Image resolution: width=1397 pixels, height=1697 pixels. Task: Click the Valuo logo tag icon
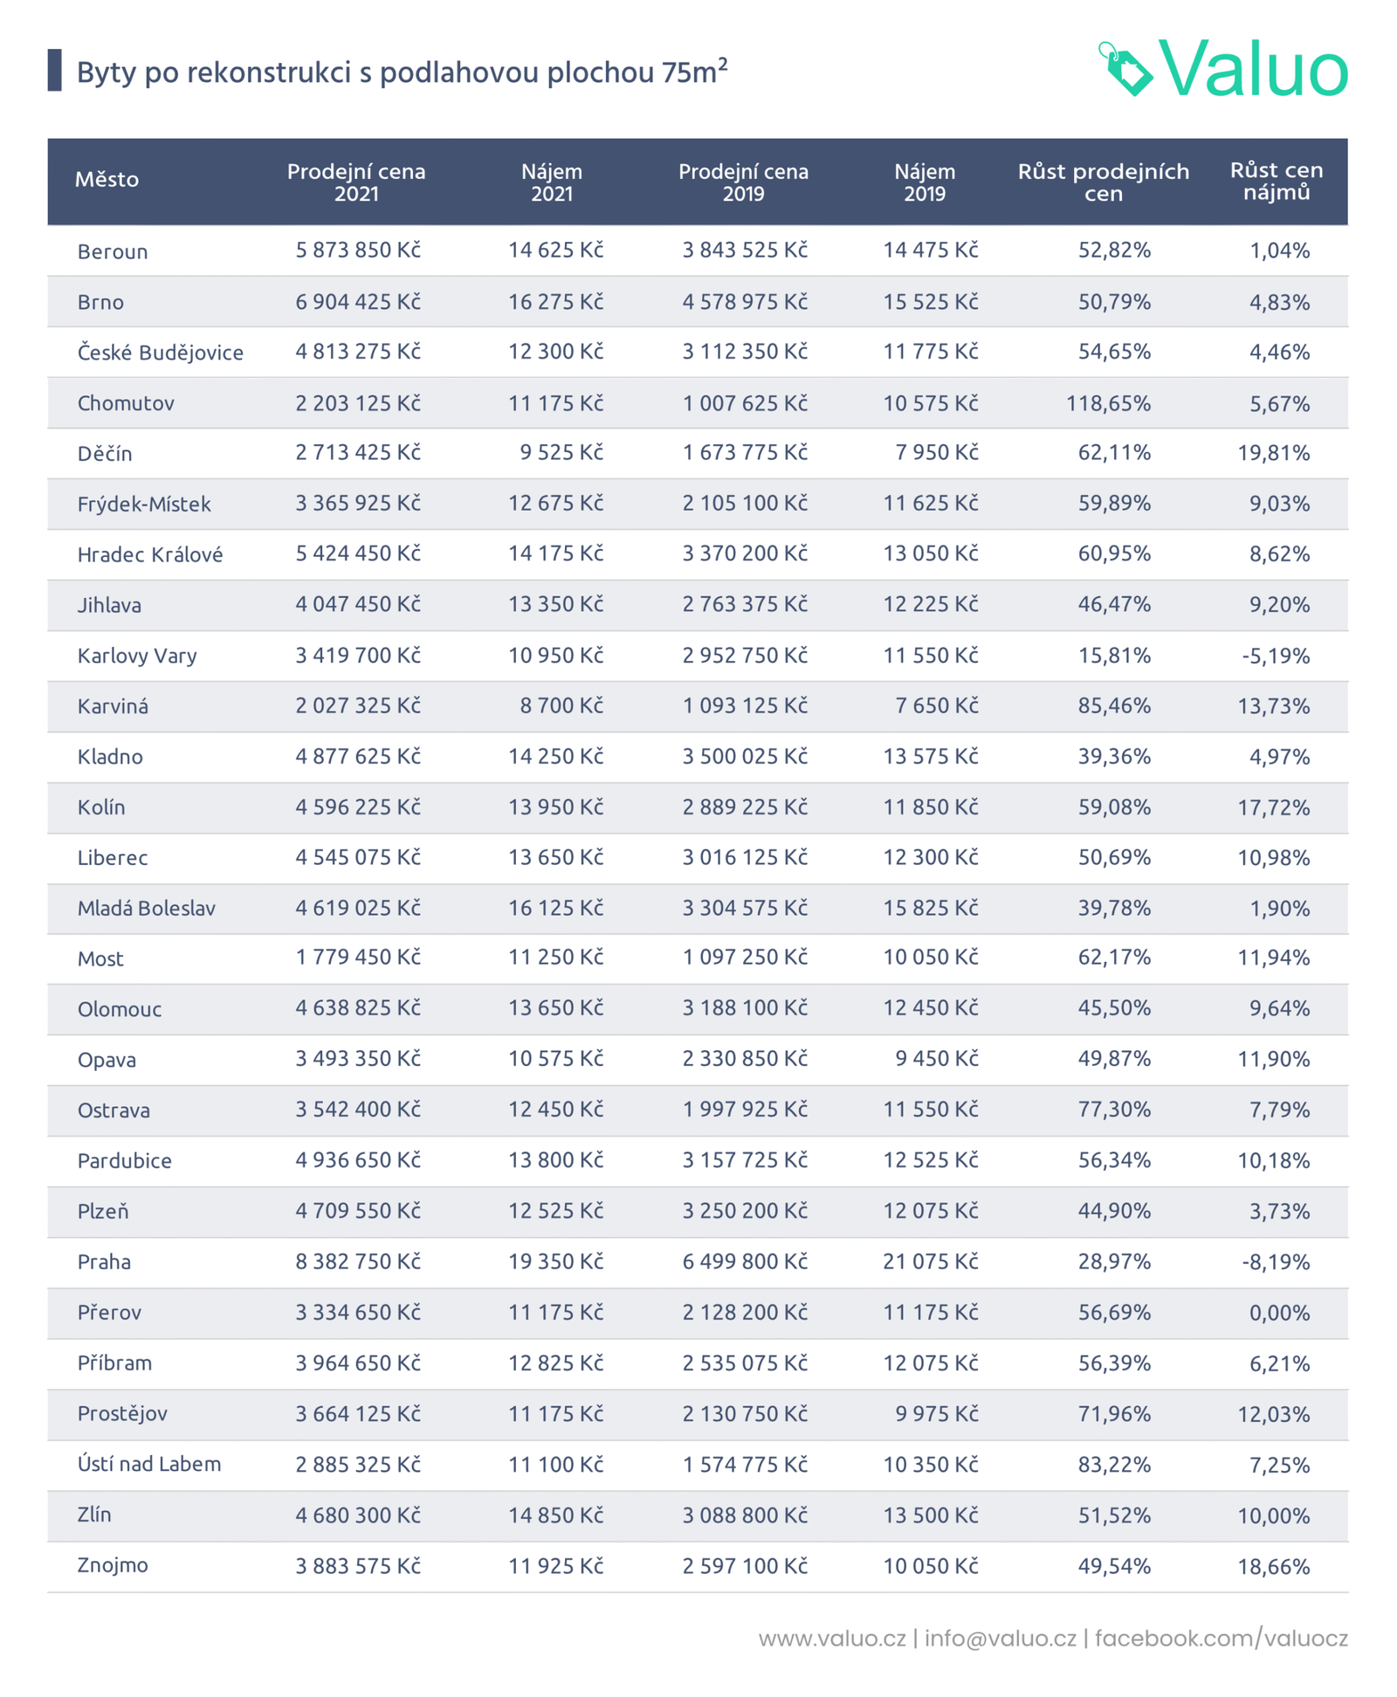[x=1126, y=69]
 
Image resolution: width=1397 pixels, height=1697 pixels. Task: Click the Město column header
[x=107, y=180]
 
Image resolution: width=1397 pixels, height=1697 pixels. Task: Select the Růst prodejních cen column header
[x=1103, y=182]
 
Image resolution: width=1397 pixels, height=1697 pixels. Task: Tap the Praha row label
[x=104, y=1262]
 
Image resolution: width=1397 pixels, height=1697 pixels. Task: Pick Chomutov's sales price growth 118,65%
[x=1108, y=403]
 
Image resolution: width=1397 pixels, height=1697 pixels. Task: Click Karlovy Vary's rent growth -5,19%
[x=1275, y=656]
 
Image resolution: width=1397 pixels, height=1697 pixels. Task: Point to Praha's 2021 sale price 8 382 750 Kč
[x=358, y=1261]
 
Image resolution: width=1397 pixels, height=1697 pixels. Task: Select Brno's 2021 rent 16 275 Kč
[x=555, y=302]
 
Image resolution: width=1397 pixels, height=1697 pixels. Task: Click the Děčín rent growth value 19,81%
[x=1273, y=453]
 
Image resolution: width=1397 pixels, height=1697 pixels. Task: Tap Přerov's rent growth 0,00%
[x=1279, y=1312]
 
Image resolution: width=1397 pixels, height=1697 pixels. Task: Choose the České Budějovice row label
[x=160, y=353]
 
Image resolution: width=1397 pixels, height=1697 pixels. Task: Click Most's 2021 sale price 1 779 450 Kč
[x=358, y=958]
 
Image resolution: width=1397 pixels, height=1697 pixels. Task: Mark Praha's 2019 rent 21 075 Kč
[x=930, y=1261]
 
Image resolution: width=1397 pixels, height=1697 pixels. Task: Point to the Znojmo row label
[x=113, y=1565]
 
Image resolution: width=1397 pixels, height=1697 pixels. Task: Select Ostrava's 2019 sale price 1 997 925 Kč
[x=745, y=1110]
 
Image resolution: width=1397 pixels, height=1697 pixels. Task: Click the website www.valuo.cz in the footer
[x=831, y=1639]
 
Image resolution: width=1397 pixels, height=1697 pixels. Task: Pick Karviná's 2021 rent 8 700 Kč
[x=561, y=705]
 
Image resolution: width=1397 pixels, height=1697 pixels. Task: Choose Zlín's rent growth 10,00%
[x=1273, y=1515]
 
